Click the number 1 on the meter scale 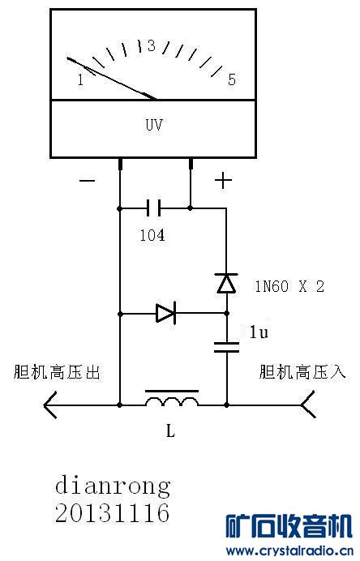tap(80, 79)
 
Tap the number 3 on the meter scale tap(151, 46)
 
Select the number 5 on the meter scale tap(231, 79)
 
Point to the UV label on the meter tap(155, 126)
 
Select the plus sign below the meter tap(222, 180)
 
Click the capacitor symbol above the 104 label tap(155, 208)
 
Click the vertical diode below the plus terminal tap(226, 283)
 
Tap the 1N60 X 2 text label tap(289, 285)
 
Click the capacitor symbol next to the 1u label tap(226, 348)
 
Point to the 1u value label tap(258, 332)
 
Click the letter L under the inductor tap(170, 431)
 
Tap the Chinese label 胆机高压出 tap(58, 372)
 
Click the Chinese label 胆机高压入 tap(302, 372)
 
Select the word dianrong tap(113, 486)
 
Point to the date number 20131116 tap(113, 513)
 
